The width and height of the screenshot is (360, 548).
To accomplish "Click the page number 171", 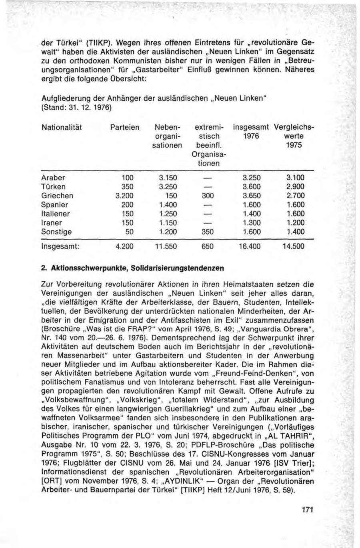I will [x=307, y=510].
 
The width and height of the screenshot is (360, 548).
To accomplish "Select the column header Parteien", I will [x=125, y=128].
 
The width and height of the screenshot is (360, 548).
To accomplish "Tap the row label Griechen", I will [x=58, y=196].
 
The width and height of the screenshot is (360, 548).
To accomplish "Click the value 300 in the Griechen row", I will [x=208, y=196].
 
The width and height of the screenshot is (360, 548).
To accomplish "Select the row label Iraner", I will [x=52, y=223].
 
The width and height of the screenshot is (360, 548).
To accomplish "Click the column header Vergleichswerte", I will [x=294, y=128].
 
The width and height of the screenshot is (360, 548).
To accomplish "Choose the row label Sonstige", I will [x=56, y=232].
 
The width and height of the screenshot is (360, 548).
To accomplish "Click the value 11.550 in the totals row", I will [x=166, y=247].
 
